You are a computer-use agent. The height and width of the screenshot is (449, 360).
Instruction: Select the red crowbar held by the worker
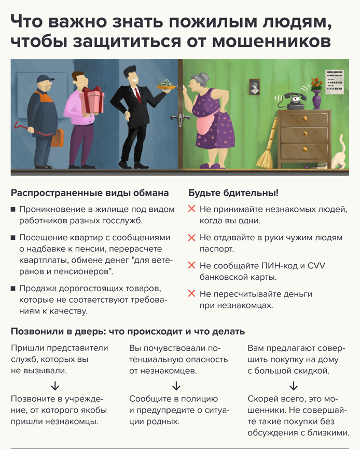[x=32, y=129]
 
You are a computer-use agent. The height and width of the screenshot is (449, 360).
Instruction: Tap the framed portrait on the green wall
[x=254, y=87]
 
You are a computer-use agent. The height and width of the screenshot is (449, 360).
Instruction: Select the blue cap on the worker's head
[x=45, y=78]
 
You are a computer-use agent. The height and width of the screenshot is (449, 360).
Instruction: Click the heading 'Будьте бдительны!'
[x=233, y=193]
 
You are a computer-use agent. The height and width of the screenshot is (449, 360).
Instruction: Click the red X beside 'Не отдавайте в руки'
[x=191, y=237]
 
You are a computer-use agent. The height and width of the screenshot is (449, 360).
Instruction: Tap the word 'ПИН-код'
[x=279, y=266]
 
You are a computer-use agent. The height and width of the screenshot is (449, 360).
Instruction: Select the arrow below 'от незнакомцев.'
[x=176, y=386]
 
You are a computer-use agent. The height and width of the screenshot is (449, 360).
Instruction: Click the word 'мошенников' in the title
[x=271, y=41]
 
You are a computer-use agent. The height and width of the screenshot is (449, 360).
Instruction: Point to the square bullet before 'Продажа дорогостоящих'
[x=13, y=289]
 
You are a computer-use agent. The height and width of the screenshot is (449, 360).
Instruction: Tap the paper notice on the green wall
[x=335, y=81]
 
